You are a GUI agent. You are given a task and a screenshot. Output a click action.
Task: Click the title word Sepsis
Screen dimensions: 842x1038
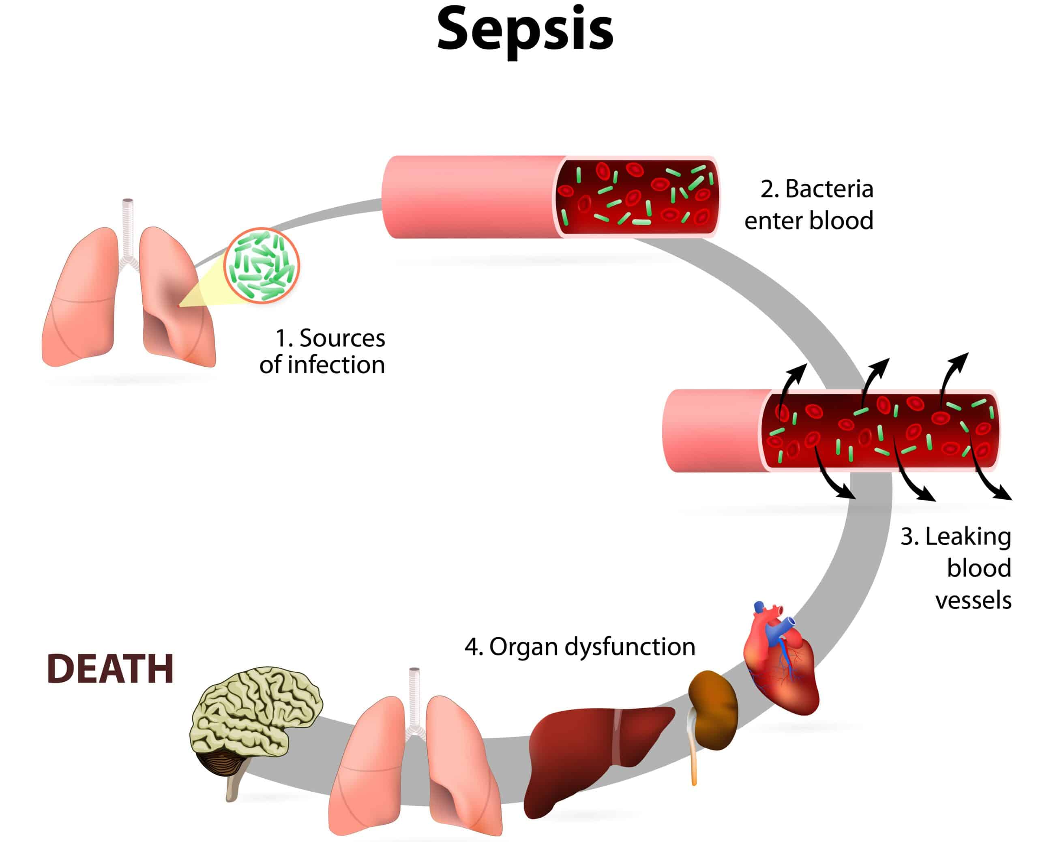point(525,30)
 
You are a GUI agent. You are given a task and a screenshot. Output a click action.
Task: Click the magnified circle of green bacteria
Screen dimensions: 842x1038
point(262,266)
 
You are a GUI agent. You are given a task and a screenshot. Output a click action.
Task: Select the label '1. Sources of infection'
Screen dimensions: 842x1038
point(322,352)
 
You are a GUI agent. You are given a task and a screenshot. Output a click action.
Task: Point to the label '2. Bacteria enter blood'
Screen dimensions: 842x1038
point(810,205)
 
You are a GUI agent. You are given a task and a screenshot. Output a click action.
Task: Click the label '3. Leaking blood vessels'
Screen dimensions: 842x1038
point(958,569)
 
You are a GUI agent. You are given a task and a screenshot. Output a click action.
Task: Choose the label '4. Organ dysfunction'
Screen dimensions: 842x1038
point(580,647)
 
